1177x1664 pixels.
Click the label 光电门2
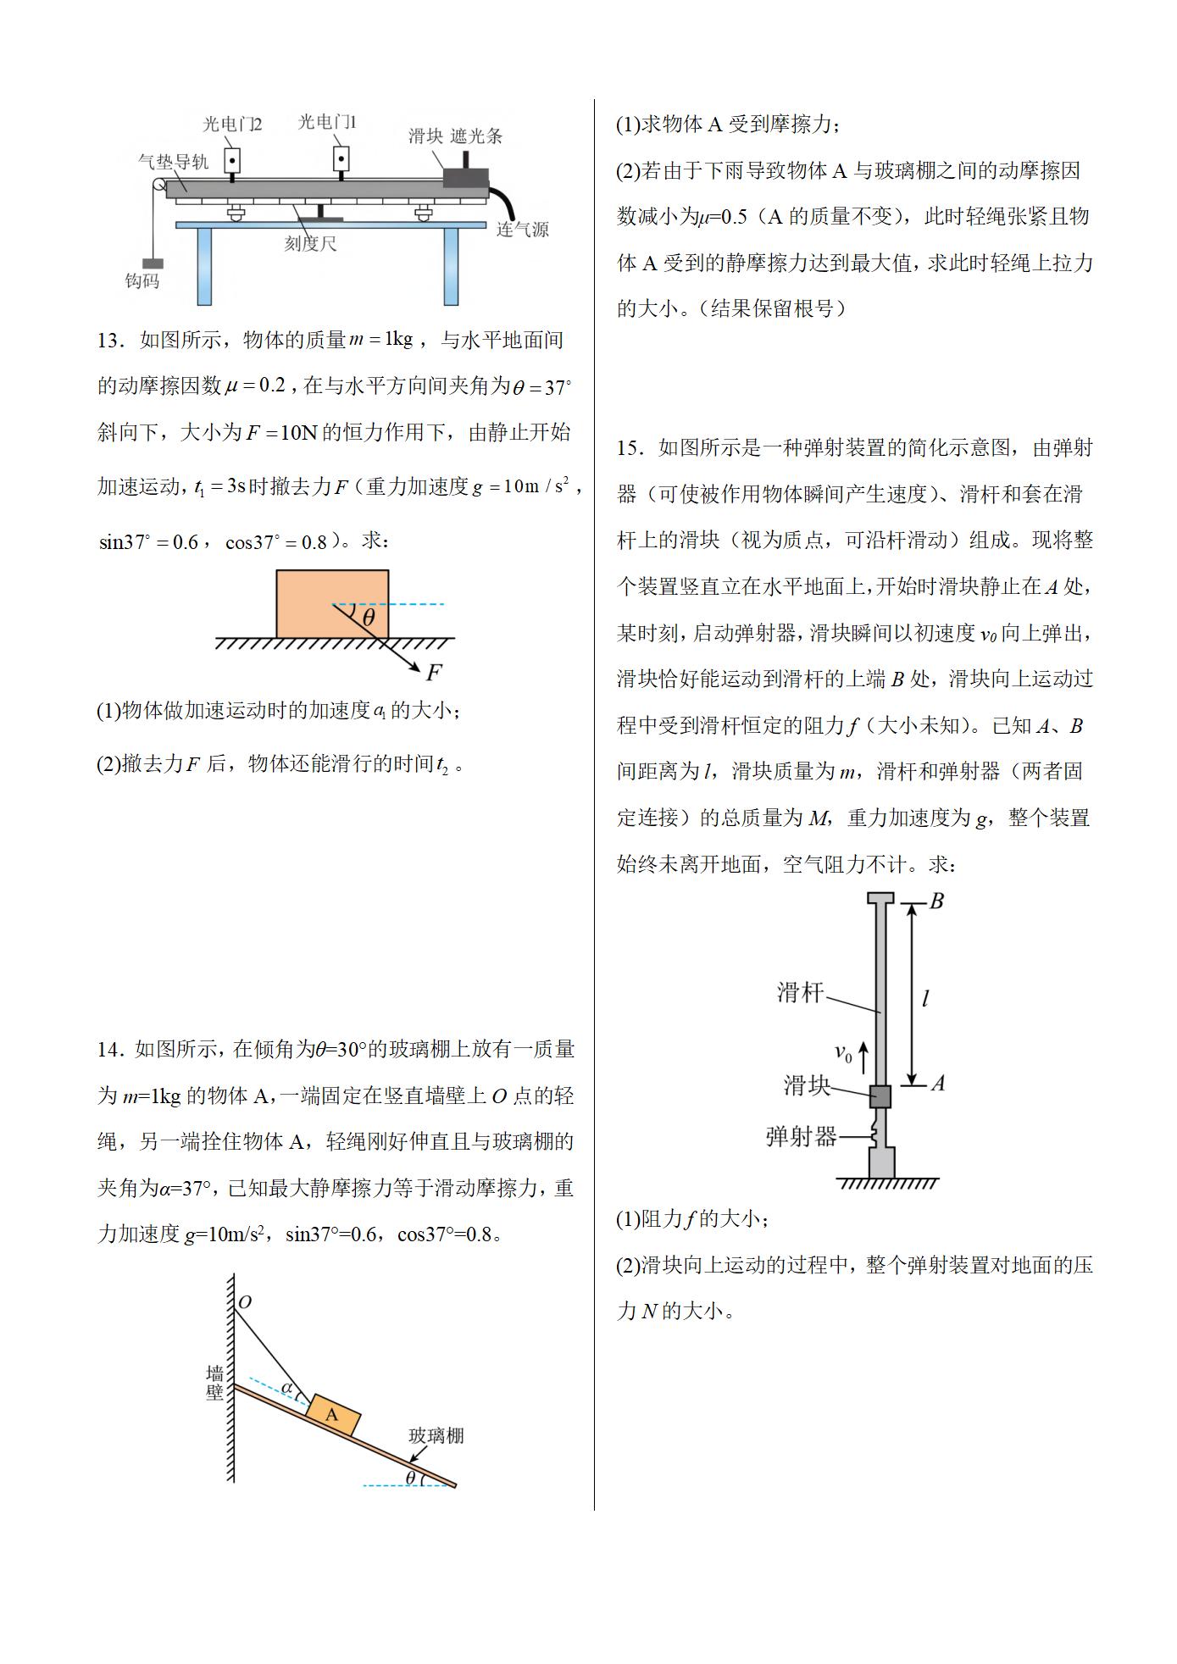231,125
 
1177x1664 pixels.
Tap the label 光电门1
327,123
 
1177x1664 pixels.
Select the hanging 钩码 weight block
153,264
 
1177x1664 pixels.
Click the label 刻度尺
310,244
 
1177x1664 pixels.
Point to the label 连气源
522,230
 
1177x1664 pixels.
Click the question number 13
110,341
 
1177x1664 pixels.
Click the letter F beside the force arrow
434,673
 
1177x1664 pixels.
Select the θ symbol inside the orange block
368,618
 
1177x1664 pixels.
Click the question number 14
110,1051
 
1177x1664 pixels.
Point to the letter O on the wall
245,1302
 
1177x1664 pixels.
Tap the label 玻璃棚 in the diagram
436,1435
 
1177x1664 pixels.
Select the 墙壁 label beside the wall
215,1384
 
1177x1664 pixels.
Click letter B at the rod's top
936,901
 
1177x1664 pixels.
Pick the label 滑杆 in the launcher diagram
800,993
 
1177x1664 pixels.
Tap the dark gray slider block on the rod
880,1096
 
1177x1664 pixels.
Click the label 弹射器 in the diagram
801,1136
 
